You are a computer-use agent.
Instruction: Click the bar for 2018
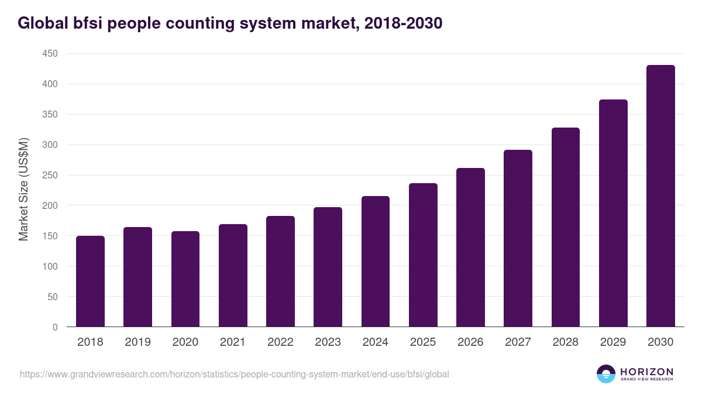(x=90, y=281)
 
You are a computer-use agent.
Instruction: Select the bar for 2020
(x=185, y=279)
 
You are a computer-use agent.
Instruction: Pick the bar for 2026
(x=470, y=248)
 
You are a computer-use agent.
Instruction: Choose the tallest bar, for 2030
(x=660, y=196)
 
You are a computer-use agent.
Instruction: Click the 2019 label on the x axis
(x=137, y=342)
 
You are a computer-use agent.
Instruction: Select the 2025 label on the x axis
(x=423, y=342)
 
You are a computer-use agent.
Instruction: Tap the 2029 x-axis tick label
(x=613, y=342)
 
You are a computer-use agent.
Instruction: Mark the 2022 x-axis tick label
(x=280, y=342)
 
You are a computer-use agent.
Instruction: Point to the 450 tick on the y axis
(x=50, y=54)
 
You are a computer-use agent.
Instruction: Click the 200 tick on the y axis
(x=50, y=205)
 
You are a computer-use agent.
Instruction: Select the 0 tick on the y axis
(x=55, y=327)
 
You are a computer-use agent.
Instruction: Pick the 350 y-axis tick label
(x=50, y=115)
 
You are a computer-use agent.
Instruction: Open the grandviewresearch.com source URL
(x=234, y=374)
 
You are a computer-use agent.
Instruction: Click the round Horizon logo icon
(x=606, y=374)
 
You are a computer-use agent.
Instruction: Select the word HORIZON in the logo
(x=646, y=371)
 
